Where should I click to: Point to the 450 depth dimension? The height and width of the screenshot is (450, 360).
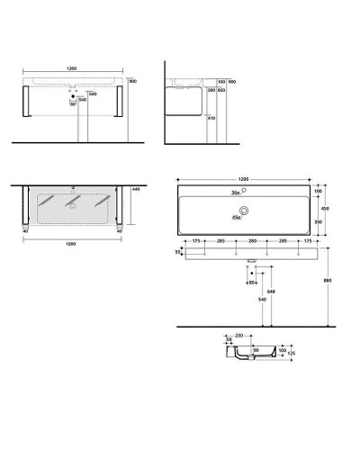click(337, 207)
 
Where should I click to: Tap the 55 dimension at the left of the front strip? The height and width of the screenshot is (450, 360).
click(178, 255)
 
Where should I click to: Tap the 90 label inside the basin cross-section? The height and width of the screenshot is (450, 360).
click(256, 350)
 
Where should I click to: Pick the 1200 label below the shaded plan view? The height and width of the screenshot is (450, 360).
click(70, 242)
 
